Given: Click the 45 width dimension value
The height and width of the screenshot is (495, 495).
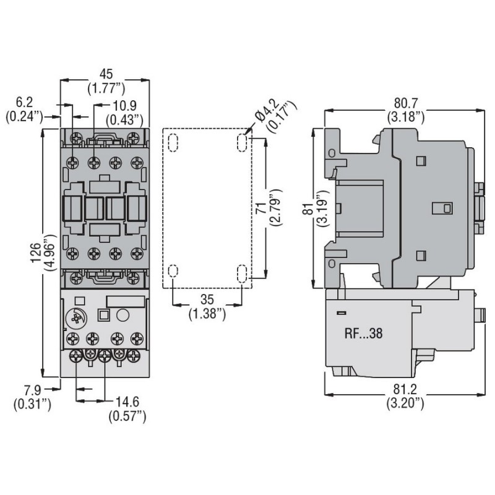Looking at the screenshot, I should click(x=103, y=74).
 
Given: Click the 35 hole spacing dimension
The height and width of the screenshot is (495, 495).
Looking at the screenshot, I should click(x=207, y=302).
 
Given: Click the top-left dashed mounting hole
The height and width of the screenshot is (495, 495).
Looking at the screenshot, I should click(x=173, y=142).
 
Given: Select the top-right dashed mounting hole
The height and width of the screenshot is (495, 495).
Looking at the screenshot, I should click(x=241, y=143).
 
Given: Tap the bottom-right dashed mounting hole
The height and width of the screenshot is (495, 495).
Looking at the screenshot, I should click(x=241, y=272).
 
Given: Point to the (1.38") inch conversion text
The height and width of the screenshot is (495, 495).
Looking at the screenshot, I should click(x=207, y=314).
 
